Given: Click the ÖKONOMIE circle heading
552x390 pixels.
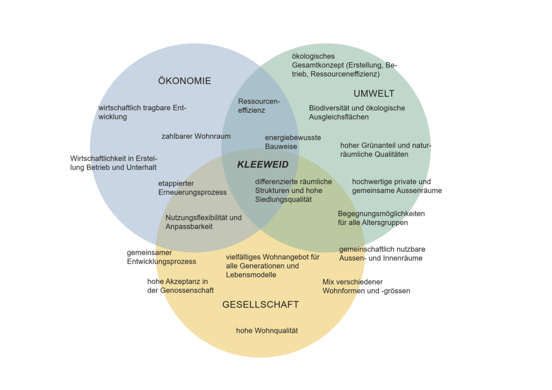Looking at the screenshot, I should coord(184,81).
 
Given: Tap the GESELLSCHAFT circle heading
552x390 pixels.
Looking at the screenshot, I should coord(260,305).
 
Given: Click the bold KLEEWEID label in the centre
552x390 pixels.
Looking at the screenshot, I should coord(263,165).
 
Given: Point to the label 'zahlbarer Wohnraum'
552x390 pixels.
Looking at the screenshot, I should coord(196,136).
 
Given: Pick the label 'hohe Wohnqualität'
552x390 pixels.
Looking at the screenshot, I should coord(267,331).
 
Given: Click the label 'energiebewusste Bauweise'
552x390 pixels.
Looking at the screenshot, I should coord(293,142).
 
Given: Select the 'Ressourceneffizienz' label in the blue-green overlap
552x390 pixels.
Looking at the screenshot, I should coord(259,106).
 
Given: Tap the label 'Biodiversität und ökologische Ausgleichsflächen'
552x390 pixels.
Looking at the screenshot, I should coord(356,112).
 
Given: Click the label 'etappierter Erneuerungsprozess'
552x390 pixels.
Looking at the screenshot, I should coord(192,188).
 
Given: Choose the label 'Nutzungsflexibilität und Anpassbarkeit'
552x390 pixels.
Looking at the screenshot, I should coord(203,222).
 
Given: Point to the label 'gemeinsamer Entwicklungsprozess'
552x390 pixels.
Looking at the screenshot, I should coord(161,257).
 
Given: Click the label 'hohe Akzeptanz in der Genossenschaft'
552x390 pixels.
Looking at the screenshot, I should coord(180,285).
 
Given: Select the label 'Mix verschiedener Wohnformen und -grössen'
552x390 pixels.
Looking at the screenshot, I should coord(366,286).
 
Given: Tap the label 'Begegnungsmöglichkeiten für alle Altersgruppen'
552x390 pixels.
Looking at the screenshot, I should coord(381,218).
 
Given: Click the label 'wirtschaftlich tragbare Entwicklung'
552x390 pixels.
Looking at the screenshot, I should coord(142,112).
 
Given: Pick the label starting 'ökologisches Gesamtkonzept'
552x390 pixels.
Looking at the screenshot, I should coord(344,65).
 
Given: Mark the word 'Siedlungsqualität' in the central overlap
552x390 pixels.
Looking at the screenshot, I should coord(283,199).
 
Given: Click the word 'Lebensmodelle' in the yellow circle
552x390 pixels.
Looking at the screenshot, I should coord(251,275).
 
